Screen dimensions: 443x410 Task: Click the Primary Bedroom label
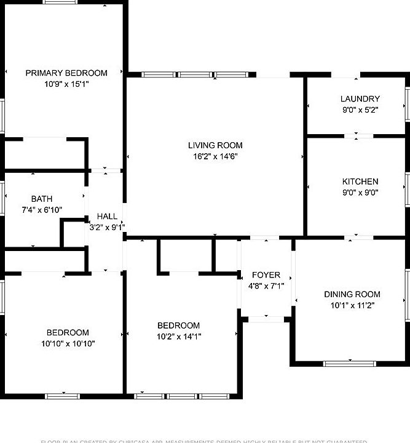coord(66,73)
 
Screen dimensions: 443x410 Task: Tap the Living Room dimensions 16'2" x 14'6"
coord(215,156)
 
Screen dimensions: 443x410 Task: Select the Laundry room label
coord(360,98)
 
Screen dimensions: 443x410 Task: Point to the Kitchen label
coord(360,182)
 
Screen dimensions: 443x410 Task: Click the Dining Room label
coord(352,294)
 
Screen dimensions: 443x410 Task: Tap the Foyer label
coord(266,275)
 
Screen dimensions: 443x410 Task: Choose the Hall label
coord(107,217)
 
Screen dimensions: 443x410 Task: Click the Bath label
coord(42,199)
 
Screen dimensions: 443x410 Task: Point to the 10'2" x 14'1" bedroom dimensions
coord(178,337)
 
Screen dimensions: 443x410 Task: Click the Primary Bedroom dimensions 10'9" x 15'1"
coord(66,84)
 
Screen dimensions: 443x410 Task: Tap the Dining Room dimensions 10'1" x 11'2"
coord(352,305)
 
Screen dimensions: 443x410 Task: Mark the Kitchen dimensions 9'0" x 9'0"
coord(360,192)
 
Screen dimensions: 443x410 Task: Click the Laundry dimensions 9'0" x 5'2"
coord(360,110)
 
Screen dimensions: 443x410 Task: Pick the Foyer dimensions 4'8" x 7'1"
coord(266,286)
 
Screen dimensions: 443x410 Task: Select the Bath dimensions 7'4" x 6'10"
coord(42,210)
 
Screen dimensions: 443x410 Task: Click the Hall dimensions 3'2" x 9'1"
coord(107,227)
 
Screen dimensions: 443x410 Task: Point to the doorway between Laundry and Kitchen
coord(357,135)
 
